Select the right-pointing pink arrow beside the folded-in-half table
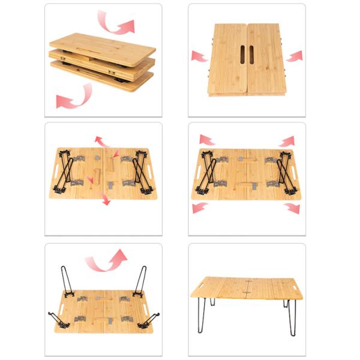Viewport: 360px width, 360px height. coord(294,56)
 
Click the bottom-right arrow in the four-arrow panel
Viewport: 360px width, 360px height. coord(292,208)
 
